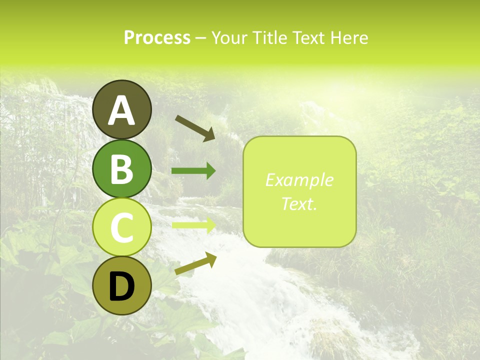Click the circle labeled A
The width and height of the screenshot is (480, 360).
point(121,109)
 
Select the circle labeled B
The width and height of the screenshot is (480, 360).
point(121,168)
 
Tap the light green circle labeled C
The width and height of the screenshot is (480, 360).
point(121,227)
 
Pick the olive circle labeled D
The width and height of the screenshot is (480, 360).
point(121,286)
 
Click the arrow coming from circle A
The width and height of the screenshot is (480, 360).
point(195,128)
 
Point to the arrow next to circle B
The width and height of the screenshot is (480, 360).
point(193,171)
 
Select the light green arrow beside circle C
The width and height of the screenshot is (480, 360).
point(193,225)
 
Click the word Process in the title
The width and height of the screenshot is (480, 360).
point(157,38)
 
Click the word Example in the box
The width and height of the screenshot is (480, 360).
point(299,180)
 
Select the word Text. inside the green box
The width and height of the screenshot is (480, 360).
point(299,203)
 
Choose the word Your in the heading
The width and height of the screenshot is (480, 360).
point(228,38)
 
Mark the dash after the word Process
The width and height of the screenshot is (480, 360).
point(200,38)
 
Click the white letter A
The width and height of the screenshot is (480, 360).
point(121,110)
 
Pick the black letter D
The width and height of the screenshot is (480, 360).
point(121,286)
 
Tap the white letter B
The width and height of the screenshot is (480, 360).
point(121,169)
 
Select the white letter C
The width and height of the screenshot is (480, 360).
point(121,228)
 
